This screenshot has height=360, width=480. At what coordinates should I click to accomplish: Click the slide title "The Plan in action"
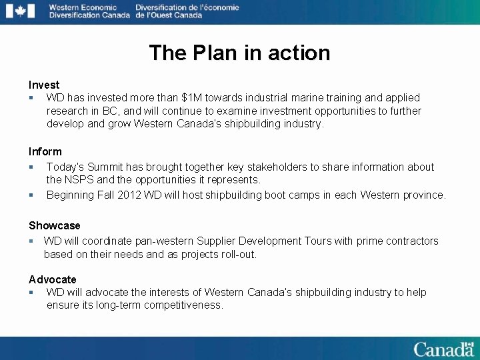click(x=239, y=53)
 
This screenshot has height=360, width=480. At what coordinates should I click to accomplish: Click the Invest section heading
click(x=44, y=85)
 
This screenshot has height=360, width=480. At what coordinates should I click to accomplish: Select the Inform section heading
click(x=45, y=151)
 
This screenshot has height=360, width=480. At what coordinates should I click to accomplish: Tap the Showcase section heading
click(x=54, y=225)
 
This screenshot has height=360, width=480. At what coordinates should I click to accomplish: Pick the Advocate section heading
click(x=52, y=279)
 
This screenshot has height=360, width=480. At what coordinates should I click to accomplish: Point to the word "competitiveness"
click(x=179, y=305)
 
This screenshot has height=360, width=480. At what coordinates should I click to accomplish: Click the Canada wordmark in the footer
click(x=443, y=349)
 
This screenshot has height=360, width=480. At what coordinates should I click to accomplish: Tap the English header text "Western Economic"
click(x=82, y=7)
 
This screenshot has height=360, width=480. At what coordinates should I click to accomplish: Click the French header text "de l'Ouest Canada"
click(x=168, y=15)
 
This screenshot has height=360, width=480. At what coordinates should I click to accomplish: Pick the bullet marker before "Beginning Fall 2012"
click(x=31, y=195)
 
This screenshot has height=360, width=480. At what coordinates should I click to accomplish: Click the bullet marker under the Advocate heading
click(x=31, y=293)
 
